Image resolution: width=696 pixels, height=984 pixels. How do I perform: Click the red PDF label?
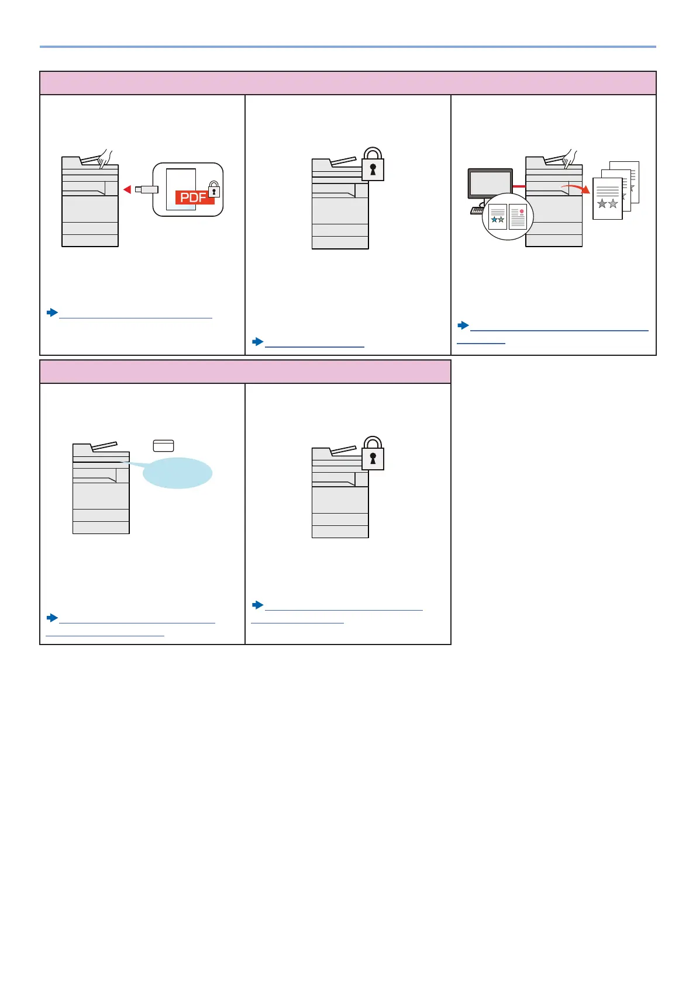(x=194, y=198)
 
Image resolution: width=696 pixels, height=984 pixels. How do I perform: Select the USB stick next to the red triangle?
(x=146, y=189)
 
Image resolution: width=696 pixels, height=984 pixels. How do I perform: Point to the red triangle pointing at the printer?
(x=127, y=189)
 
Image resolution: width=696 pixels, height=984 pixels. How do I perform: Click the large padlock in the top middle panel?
(x=373, y=165)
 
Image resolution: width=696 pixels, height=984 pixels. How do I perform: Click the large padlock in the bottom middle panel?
(x=373, y=455)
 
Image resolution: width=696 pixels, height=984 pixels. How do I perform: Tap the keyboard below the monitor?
(x=477, y=210)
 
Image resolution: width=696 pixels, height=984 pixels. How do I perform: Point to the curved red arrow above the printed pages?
(x=576, y=188)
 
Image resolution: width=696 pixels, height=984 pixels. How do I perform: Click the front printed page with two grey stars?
(x=607, y=199)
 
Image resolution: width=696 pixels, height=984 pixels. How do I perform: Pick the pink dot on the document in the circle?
(x=521, y=212)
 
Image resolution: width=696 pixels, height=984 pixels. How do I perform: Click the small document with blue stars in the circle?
(x=498, y=217)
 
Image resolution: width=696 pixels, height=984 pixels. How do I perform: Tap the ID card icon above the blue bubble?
(x=163, y=446)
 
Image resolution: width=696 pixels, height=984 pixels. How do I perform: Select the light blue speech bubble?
(x=177, y=473)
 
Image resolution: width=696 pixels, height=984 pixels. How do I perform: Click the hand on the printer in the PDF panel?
(x=105, y=158)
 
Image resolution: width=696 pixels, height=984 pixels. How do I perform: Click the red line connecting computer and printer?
(x=519, y=186)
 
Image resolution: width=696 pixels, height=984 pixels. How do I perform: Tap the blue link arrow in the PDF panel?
(x=53, y=313)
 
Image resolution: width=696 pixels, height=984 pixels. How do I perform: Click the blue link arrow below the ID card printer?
(x=53, y=618)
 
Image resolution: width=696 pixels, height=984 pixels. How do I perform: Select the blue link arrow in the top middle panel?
(x=258, y=341)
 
